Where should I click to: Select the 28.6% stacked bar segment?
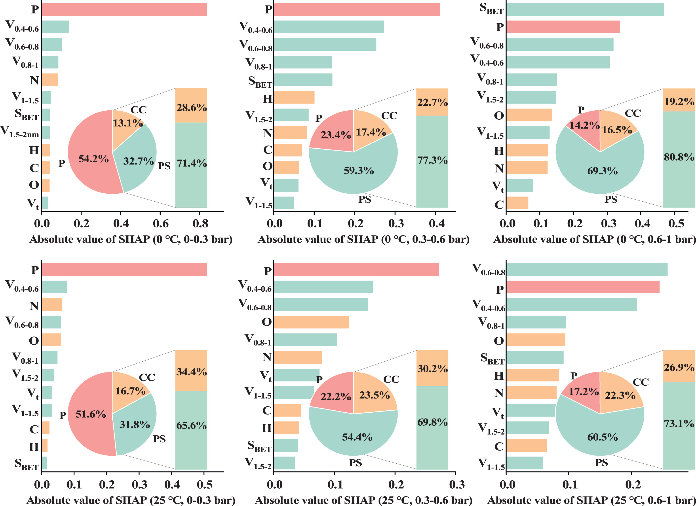[x=191, y=105]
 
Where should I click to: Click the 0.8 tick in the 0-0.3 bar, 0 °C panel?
[x=200, y=224]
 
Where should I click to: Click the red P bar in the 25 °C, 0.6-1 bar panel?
[x=582, y=287]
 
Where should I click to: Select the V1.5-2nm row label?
[x=20, y=132]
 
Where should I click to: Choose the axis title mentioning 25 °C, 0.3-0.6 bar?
[x=363, y=500]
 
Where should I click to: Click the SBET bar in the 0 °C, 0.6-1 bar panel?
[x=585, y=9]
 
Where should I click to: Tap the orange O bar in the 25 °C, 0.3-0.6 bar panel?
[x=311, y=322]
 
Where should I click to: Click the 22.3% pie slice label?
[x=620, y=395]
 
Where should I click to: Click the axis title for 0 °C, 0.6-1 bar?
[x=594, y=239]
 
